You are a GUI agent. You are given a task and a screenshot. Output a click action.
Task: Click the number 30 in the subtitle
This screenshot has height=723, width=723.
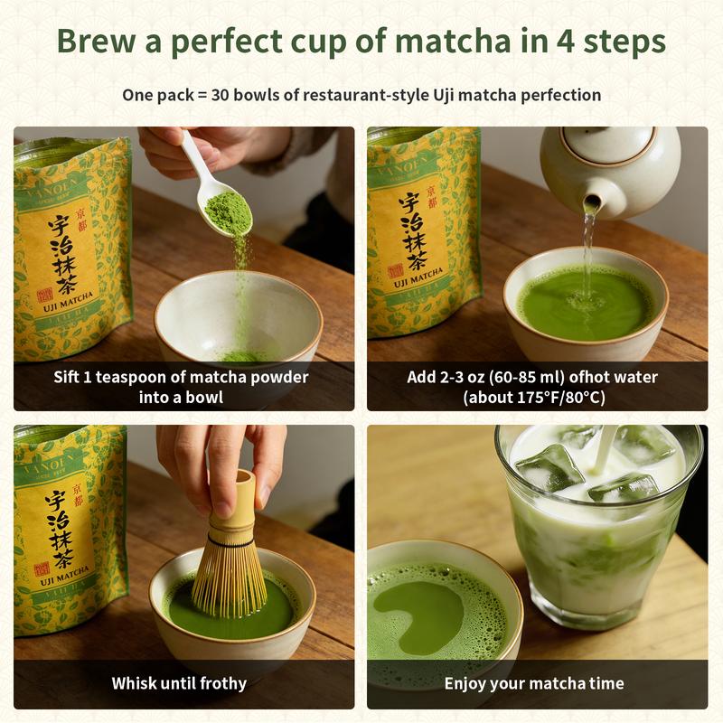coord(222,95)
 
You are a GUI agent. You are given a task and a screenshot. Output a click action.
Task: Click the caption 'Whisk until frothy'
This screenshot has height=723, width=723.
coord(179,683)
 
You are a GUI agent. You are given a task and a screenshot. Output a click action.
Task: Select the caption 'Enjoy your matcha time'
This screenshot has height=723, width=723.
coord(534,683)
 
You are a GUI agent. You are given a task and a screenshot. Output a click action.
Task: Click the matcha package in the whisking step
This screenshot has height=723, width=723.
coord(68,533)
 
